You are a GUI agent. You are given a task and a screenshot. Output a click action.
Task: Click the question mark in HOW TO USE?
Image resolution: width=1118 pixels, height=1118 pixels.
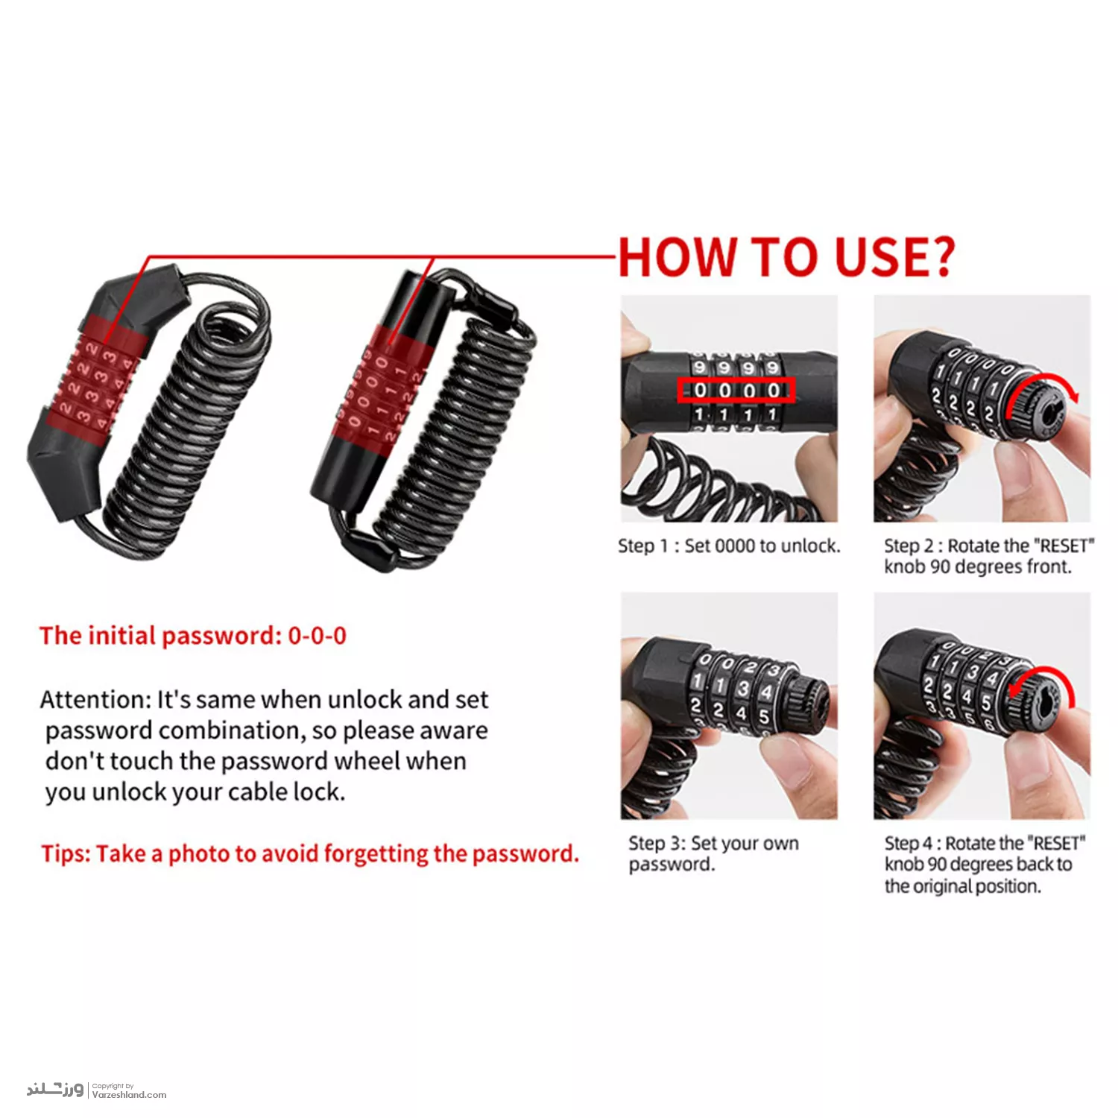pos(941,258)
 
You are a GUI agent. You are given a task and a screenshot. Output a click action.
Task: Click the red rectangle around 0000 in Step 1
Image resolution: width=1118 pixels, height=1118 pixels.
pos(736,390)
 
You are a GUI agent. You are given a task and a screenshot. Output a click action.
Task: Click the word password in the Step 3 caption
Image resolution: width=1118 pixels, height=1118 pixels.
pos(670,865)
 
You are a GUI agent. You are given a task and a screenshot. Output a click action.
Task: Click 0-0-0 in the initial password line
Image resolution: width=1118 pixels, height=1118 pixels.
pos(318,636)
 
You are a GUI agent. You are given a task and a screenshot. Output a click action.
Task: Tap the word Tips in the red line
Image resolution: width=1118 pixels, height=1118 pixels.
pos(66,854)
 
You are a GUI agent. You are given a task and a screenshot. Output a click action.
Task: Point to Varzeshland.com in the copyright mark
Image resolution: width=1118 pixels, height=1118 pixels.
pos(129,1095)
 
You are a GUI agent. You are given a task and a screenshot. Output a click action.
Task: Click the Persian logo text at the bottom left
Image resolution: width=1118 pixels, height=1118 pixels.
pos(55,1090)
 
